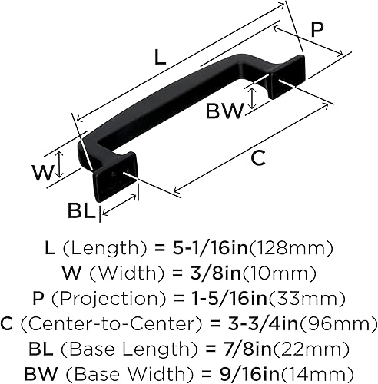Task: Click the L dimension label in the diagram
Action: (x=159, y=56)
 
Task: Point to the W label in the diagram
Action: (x=42, y=171)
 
